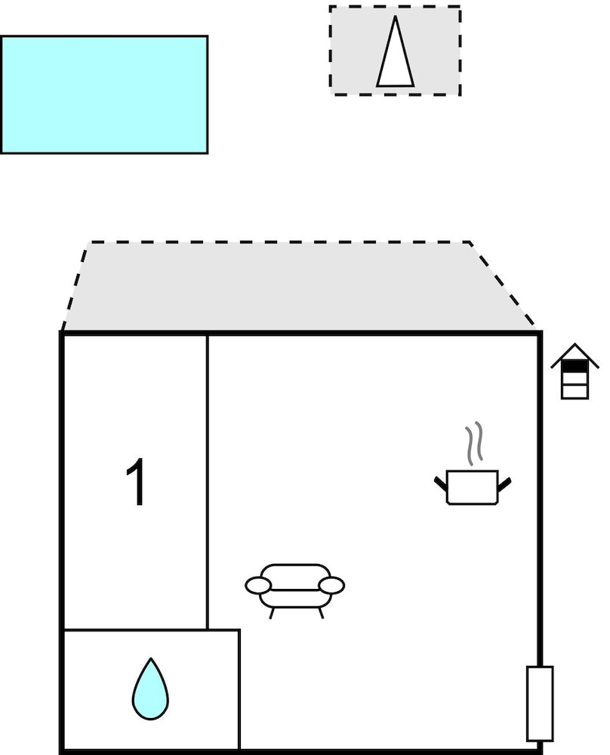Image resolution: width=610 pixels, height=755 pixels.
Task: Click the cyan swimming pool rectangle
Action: [x=104, y=94]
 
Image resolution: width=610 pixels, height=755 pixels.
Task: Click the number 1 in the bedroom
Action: [x=136, y=482]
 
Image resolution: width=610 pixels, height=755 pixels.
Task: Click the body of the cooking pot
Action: [x=473, y=487]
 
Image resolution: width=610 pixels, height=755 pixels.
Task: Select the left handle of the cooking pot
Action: [x=441, y=484]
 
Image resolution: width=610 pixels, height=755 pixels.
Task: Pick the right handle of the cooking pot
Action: [x=504, y=484]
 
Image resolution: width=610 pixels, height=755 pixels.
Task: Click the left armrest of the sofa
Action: [x=258, y=586]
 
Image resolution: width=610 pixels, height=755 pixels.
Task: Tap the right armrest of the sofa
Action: [x=331, y=586]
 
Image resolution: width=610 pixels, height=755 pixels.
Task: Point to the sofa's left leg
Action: [x=272, y=613]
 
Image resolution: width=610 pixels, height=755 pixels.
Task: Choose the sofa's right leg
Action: [x=321, y=613]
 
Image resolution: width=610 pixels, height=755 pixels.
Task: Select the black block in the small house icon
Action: [x=575, y=366]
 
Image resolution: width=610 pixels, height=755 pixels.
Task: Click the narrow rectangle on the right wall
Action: [x=540, y=704]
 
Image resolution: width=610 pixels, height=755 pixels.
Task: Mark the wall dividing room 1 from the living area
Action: [x=208, y=482]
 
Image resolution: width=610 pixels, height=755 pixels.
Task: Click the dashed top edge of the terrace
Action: [x=279, y=242]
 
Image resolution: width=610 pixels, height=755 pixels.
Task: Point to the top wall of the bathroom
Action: [x=152, y=630]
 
